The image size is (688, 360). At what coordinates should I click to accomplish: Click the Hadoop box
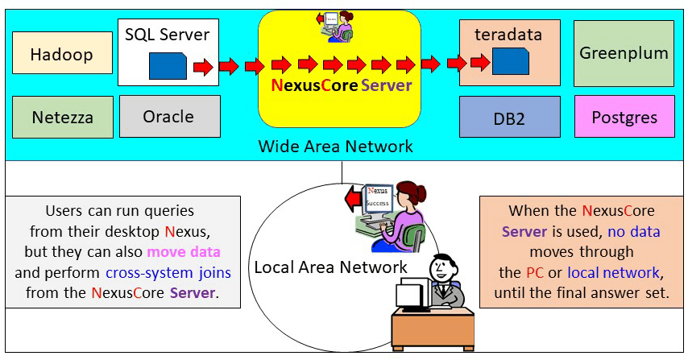tap(62, 56)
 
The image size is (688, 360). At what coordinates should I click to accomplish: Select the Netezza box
tap(62, 118)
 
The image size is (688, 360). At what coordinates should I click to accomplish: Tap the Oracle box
tap(168, 117)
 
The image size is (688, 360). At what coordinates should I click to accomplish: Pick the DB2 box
tap(509, 118)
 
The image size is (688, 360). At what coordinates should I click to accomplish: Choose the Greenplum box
tap(624, 54)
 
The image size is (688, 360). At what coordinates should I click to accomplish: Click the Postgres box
tap(624, 118)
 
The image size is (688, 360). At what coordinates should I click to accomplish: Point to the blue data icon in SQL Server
tap(168, 65)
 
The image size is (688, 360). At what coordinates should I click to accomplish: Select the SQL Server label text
tap(168, 35)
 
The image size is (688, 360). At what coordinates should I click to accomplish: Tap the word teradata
tap(508, 35)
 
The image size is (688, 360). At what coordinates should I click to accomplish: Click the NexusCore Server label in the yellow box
tap(341, 85)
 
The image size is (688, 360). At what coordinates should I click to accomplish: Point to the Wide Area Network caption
tap(335, 147)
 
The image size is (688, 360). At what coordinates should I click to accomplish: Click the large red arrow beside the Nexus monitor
tap(351, 198)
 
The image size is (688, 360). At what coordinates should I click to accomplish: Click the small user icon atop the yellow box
tap(338, 26)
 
